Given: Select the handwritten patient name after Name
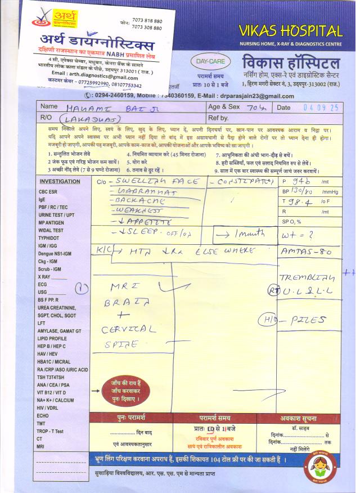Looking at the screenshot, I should click(x=103, y=107).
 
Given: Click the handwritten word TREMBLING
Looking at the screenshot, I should click(x=307, y=278).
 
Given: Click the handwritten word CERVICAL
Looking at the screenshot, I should click(x=125, y=330).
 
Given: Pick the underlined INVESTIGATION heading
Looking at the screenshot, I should click(x=60, y=182).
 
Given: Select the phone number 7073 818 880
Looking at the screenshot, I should click(x=147, y=21).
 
